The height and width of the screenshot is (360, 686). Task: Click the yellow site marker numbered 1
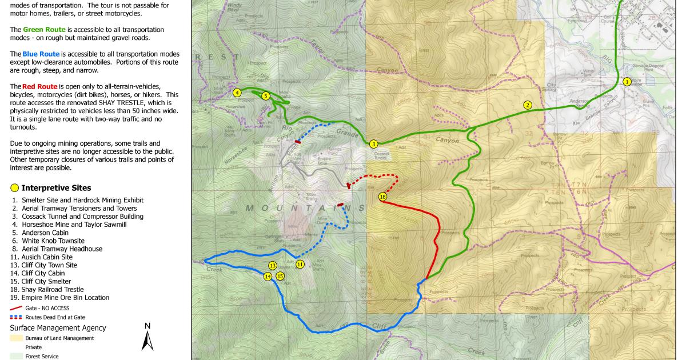tap(627, 82)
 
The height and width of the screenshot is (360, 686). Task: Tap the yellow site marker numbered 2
tap(528, 105)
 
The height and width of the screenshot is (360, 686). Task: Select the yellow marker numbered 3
tap(373, 144)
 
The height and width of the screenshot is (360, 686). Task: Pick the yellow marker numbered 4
tap(237, 92)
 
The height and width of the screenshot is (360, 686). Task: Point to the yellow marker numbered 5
tap(266, 96)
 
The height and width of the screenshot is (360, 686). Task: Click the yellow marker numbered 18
tap(382, 197)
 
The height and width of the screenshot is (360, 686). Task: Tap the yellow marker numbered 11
tap(300, 264)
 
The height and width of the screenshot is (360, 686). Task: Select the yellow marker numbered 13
tap(273, 266)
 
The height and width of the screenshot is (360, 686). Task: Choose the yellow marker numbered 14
tap(267, 277)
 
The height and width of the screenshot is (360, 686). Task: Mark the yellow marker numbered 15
tap(280, 276)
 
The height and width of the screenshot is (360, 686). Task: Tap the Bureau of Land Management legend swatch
tap(17, 338)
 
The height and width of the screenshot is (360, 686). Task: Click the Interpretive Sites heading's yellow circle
tap(14, 188)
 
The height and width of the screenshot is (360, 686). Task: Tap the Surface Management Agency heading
tap(58, 328)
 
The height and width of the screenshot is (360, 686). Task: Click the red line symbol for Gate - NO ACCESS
tap(16, 308)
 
